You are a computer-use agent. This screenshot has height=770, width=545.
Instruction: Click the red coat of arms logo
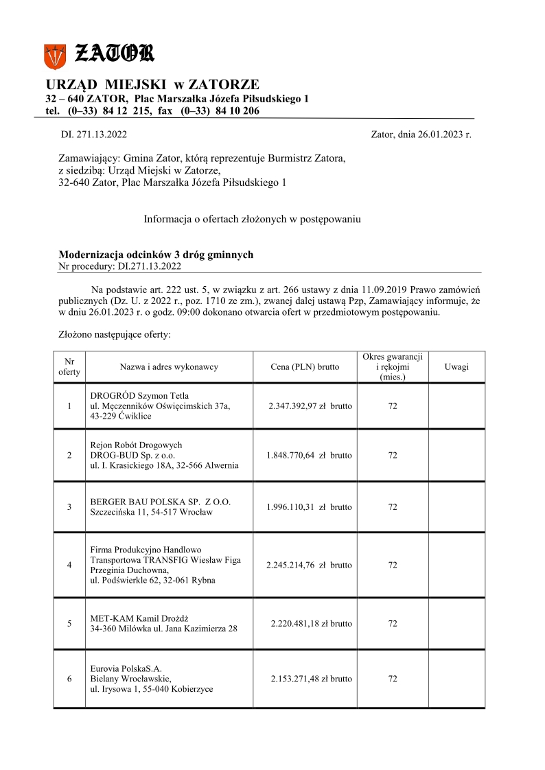[x=55, y=55]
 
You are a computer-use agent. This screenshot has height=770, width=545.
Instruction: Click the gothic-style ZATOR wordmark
[x=114, y=53]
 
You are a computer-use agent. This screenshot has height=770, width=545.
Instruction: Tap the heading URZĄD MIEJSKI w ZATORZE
[x=152, y=84]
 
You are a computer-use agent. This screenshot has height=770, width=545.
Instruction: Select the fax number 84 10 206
[x=237, y=111]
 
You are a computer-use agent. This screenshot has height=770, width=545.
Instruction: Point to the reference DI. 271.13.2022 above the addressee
[x=94, y=135]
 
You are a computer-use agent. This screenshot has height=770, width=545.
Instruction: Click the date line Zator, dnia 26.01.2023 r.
[x=421, y=135]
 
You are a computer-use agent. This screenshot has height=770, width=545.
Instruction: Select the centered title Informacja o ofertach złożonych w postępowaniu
[x=252, y=220]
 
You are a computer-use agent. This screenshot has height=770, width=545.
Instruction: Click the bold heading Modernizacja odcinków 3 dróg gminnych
[x=156, y=255]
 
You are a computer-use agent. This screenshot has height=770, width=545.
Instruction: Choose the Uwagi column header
[x=456, y=367]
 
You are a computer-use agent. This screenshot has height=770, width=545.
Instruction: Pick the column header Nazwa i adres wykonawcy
[x=169, y=367]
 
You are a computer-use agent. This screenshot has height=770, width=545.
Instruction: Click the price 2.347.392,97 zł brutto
[x=311, y=406]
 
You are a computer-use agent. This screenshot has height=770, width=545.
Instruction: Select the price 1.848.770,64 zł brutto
[x=309, y=455]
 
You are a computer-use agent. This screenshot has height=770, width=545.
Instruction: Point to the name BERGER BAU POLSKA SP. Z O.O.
[x=161, y=502]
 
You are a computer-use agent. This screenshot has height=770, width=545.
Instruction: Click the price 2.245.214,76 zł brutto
[x=309, y=565]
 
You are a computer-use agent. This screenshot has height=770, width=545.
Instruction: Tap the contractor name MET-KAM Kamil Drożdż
[x=144, y=618]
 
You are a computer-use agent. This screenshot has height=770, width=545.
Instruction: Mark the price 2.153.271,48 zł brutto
[x=312, y=679]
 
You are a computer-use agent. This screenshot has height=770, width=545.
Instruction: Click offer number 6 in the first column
[x=69, y=679]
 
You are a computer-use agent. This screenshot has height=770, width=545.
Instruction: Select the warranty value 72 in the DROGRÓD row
[x=393, y=406]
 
